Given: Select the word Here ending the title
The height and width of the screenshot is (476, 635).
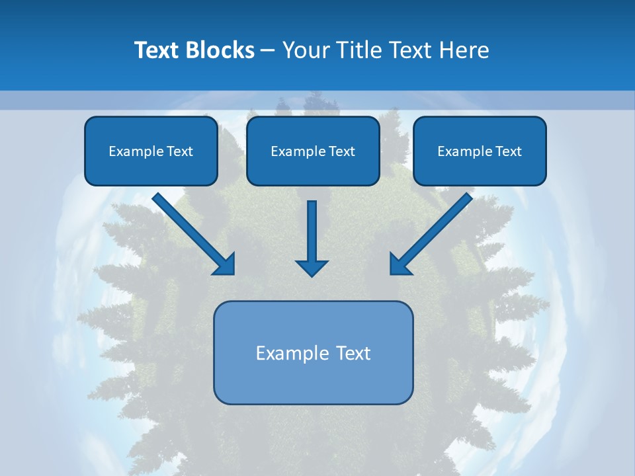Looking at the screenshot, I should pyautogui.click(x=467, y=50).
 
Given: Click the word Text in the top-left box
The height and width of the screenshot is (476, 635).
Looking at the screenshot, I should pyautogui.click(x=180, y=151).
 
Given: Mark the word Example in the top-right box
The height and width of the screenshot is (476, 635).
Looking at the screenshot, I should pyautogui.click(x=465, y=151).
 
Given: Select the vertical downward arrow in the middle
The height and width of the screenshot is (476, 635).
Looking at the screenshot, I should pyautogui.click(x=312, y=231).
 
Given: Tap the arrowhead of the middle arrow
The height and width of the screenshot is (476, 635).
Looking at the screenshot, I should pyautogui.click(x=312, y=267).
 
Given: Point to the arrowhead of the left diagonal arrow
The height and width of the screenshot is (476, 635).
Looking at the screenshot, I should pyautogui.click(x=225, y=264).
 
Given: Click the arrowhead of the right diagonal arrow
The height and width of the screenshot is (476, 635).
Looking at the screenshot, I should pyautogui.click(x=400, y=264).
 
